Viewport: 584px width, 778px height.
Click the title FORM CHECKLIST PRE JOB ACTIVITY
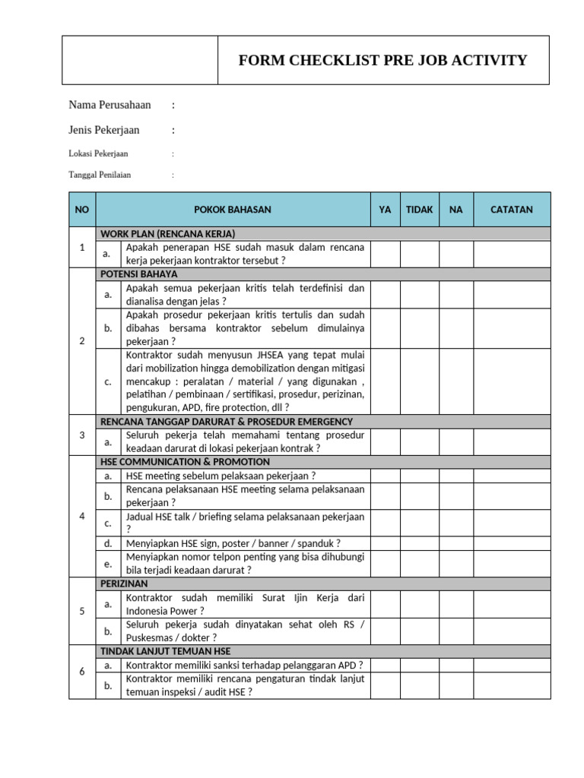coord(382,61)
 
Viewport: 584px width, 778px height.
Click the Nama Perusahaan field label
coord(109,105)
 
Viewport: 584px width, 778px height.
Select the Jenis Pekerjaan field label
coord(104,130)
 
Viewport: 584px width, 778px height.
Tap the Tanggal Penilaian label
coord(100,175)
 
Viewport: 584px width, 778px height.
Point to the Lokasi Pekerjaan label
coord(98,153)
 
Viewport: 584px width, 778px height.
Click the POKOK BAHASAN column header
coord(233,210)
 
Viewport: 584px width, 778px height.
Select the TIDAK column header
coord(419,210)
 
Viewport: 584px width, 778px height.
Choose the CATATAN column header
coord(511,210)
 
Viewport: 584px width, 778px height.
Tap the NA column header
coord(455,210)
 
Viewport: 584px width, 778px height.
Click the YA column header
coord(386,210)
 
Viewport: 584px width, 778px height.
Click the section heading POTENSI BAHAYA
coord(138,274)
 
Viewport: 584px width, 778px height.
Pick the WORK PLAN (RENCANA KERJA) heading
coord(167,233)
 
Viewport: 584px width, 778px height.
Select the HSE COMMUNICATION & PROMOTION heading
coord(185,461)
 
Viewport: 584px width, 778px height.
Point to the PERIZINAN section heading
coord(124,583)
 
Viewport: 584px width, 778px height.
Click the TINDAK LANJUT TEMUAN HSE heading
coord(165,651)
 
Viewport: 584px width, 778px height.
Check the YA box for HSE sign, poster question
coord(386,543)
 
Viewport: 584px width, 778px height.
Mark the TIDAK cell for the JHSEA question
coord(419,381)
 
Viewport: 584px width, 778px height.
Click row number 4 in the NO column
coord(82,517)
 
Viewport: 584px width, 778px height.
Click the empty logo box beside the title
coord(140,60)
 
